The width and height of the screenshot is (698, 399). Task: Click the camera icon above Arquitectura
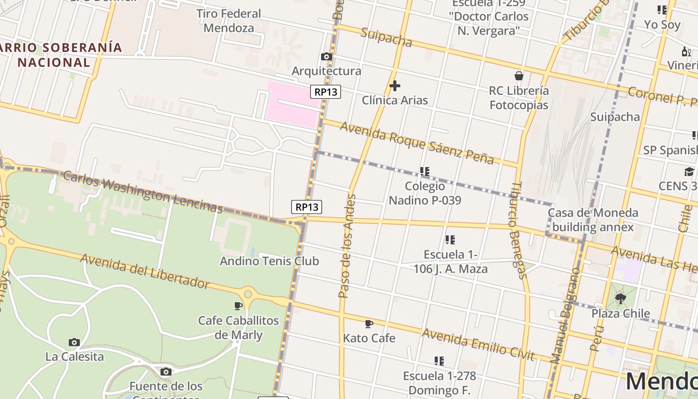tap(327, 57)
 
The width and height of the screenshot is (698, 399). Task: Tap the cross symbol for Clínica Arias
tap(394, 86)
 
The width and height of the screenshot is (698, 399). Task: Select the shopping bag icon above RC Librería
tap(519, 76)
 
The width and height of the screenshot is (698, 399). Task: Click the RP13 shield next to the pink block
tap(326, 92)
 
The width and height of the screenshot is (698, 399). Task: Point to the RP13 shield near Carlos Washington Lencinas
tap(307, 206)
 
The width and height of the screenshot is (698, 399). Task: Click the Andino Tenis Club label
tap(269, 261)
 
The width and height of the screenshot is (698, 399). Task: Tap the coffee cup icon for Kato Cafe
tap(369, 324)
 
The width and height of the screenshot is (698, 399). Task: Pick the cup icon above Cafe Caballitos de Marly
tap(238, 306)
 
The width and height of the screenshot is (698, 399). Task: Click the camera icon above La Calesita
tap(74, 342)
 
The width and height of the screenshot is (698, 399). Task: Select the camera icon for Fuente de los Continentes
tap(166, 372)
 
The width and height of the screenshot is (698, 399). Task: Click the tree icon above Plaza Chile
tap(621, 299)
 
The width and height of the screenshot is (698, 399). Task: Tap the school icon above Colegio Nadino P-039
tap(425, 172)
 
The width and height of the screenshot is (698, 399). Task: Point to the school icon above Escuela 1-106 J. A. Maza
tap(450, 240)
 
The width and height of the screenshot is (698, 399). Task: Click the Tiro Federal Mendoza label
tap(229, 20)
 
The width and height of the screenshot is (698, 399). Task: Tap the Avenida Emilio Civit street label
tap(478, 344)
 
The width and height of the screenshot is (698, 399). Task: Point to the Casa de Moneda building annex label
tap(592, 220)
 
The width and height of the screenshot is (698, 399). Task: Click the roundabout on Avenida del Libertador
tap(248, 294)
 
